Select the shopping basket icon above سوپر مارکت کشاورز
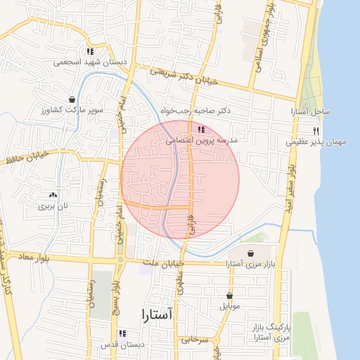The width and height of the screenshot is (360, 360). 72,100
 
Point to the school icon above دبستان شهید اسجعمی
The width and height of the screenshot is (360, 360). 89,51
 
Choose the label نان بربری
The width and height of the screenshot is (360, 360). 55,207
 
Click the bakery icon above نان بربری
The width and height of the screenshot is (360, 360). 53,195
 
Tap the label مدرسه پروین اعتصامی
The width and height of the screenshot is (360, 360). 201,141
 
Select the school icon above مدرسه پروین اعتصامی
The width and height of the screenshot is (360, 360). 202,129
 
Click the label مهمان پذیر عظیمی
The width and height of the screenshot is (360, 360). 316,143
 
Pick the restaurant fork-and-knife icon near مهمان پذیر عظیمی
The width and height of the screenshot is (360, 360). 316,131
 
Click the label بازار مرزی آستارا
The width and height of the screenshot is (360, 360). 249,264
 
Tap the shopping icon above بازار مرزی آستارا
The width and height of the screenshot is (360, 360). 250,253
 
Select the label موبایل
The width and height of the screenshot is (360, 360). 230,307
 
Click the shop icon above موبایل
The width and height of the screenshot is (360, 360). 230,295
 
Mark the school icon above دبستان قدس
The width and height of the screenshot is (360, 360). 122,333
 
